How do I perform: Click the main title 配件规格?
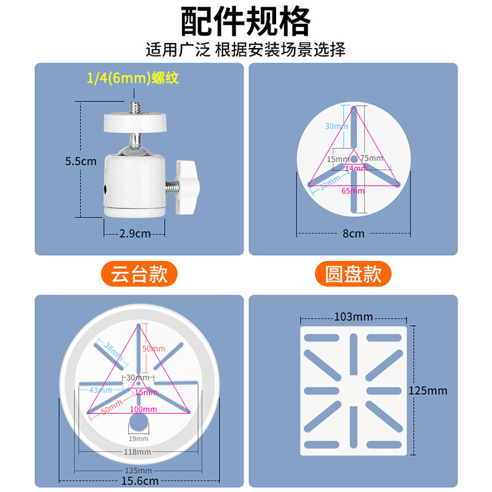245,22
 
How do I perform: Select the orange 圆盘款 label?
353,273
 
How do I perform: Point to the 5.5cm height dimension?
81,162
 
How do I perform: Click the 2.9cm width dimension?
134,234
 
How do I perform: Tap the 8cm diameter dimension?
353,234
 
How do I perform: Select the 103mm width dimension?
353,317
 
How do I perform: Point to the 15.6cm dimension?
138,481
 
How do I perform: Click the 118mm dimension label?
138,452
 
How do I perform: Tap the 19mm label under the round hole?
138,438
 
